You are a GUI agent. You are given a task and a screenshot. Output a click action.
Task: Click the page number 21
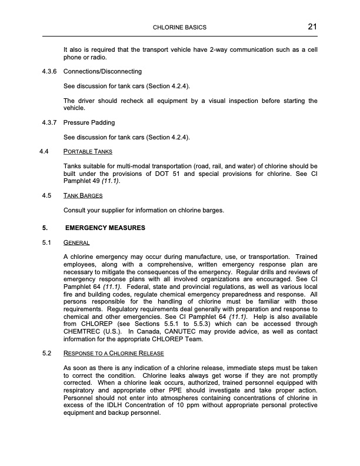coord(312,26)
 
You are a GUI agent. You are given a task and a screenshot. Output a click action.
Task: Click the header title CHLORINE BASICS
coord(179,28)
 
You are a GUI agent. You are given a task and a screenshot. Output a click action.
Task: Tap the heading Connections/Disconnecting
coord(102,71)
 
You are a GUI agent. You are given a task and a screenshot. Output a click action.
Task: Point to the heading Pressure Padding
coord(89,123)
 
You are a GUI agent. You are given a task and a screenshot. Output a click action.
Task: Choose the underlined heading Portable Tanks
coord(88,151)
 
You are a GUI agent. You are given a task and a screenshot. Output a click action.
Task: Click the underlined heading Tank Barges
coord(83,195)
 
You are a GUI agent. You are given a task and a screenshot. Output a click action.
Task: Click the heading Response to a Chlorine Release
coord(113,353)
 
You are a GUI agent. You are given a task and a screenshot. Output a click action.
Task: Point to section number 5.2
coord(47,353)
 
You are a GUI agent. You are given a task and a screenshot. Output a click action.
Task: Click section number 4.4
coord(42,151)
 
